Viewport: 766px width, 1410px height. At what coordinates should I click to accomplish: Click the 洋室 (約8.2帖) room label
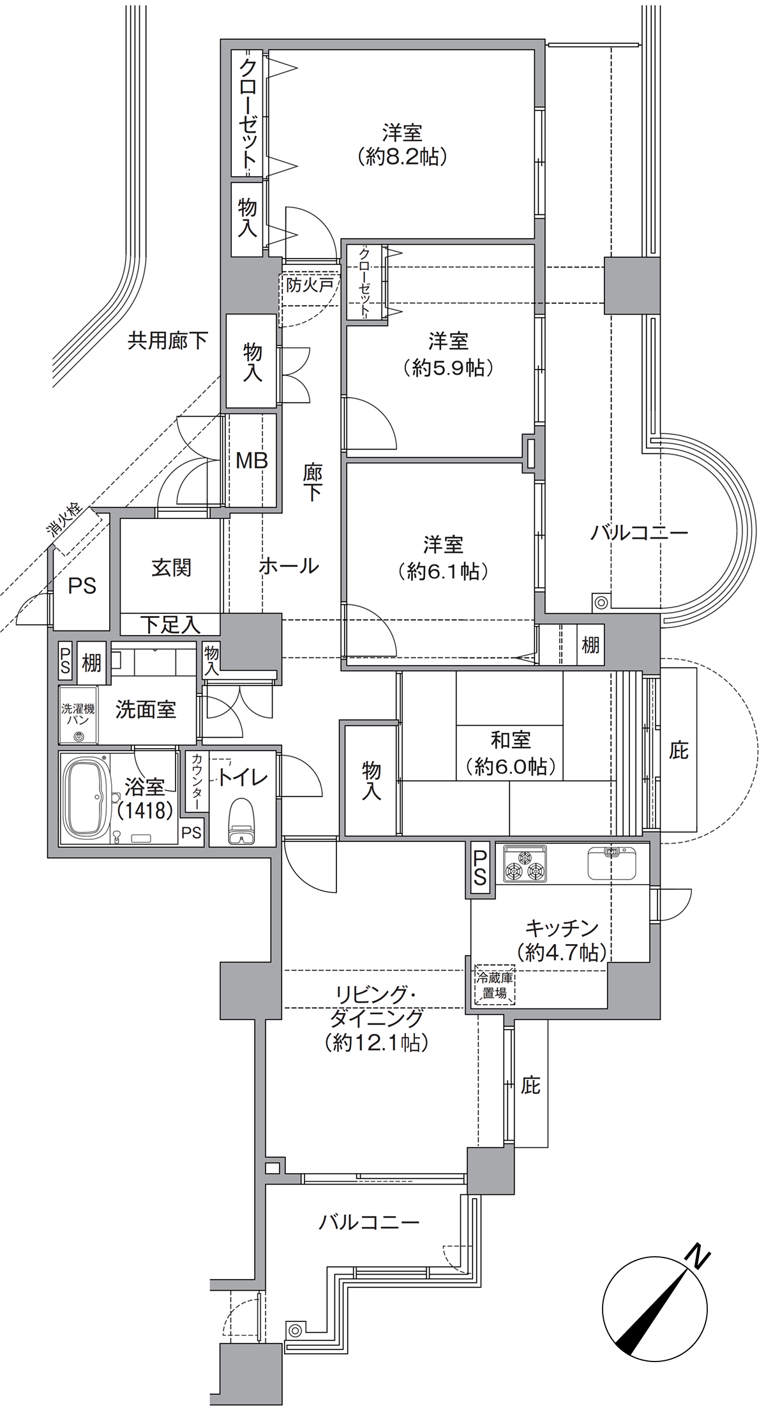(x=402, y=145)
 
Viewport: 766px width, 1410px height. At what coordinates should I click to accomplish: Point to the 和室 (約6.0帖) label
(x=511, y=753)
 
